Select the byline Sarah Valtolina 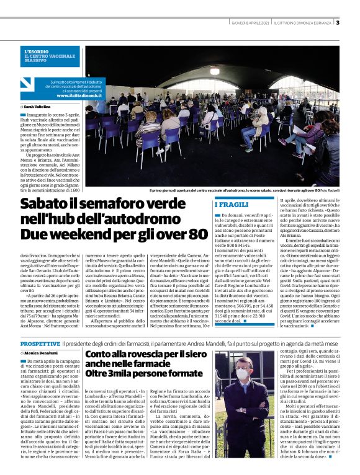(x=38, y=107)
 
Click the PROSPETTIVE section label (x=40, y=343)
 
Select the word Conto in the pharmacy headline (x=101, y=355)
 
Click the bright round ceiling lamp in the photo (x=215, y=71)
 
